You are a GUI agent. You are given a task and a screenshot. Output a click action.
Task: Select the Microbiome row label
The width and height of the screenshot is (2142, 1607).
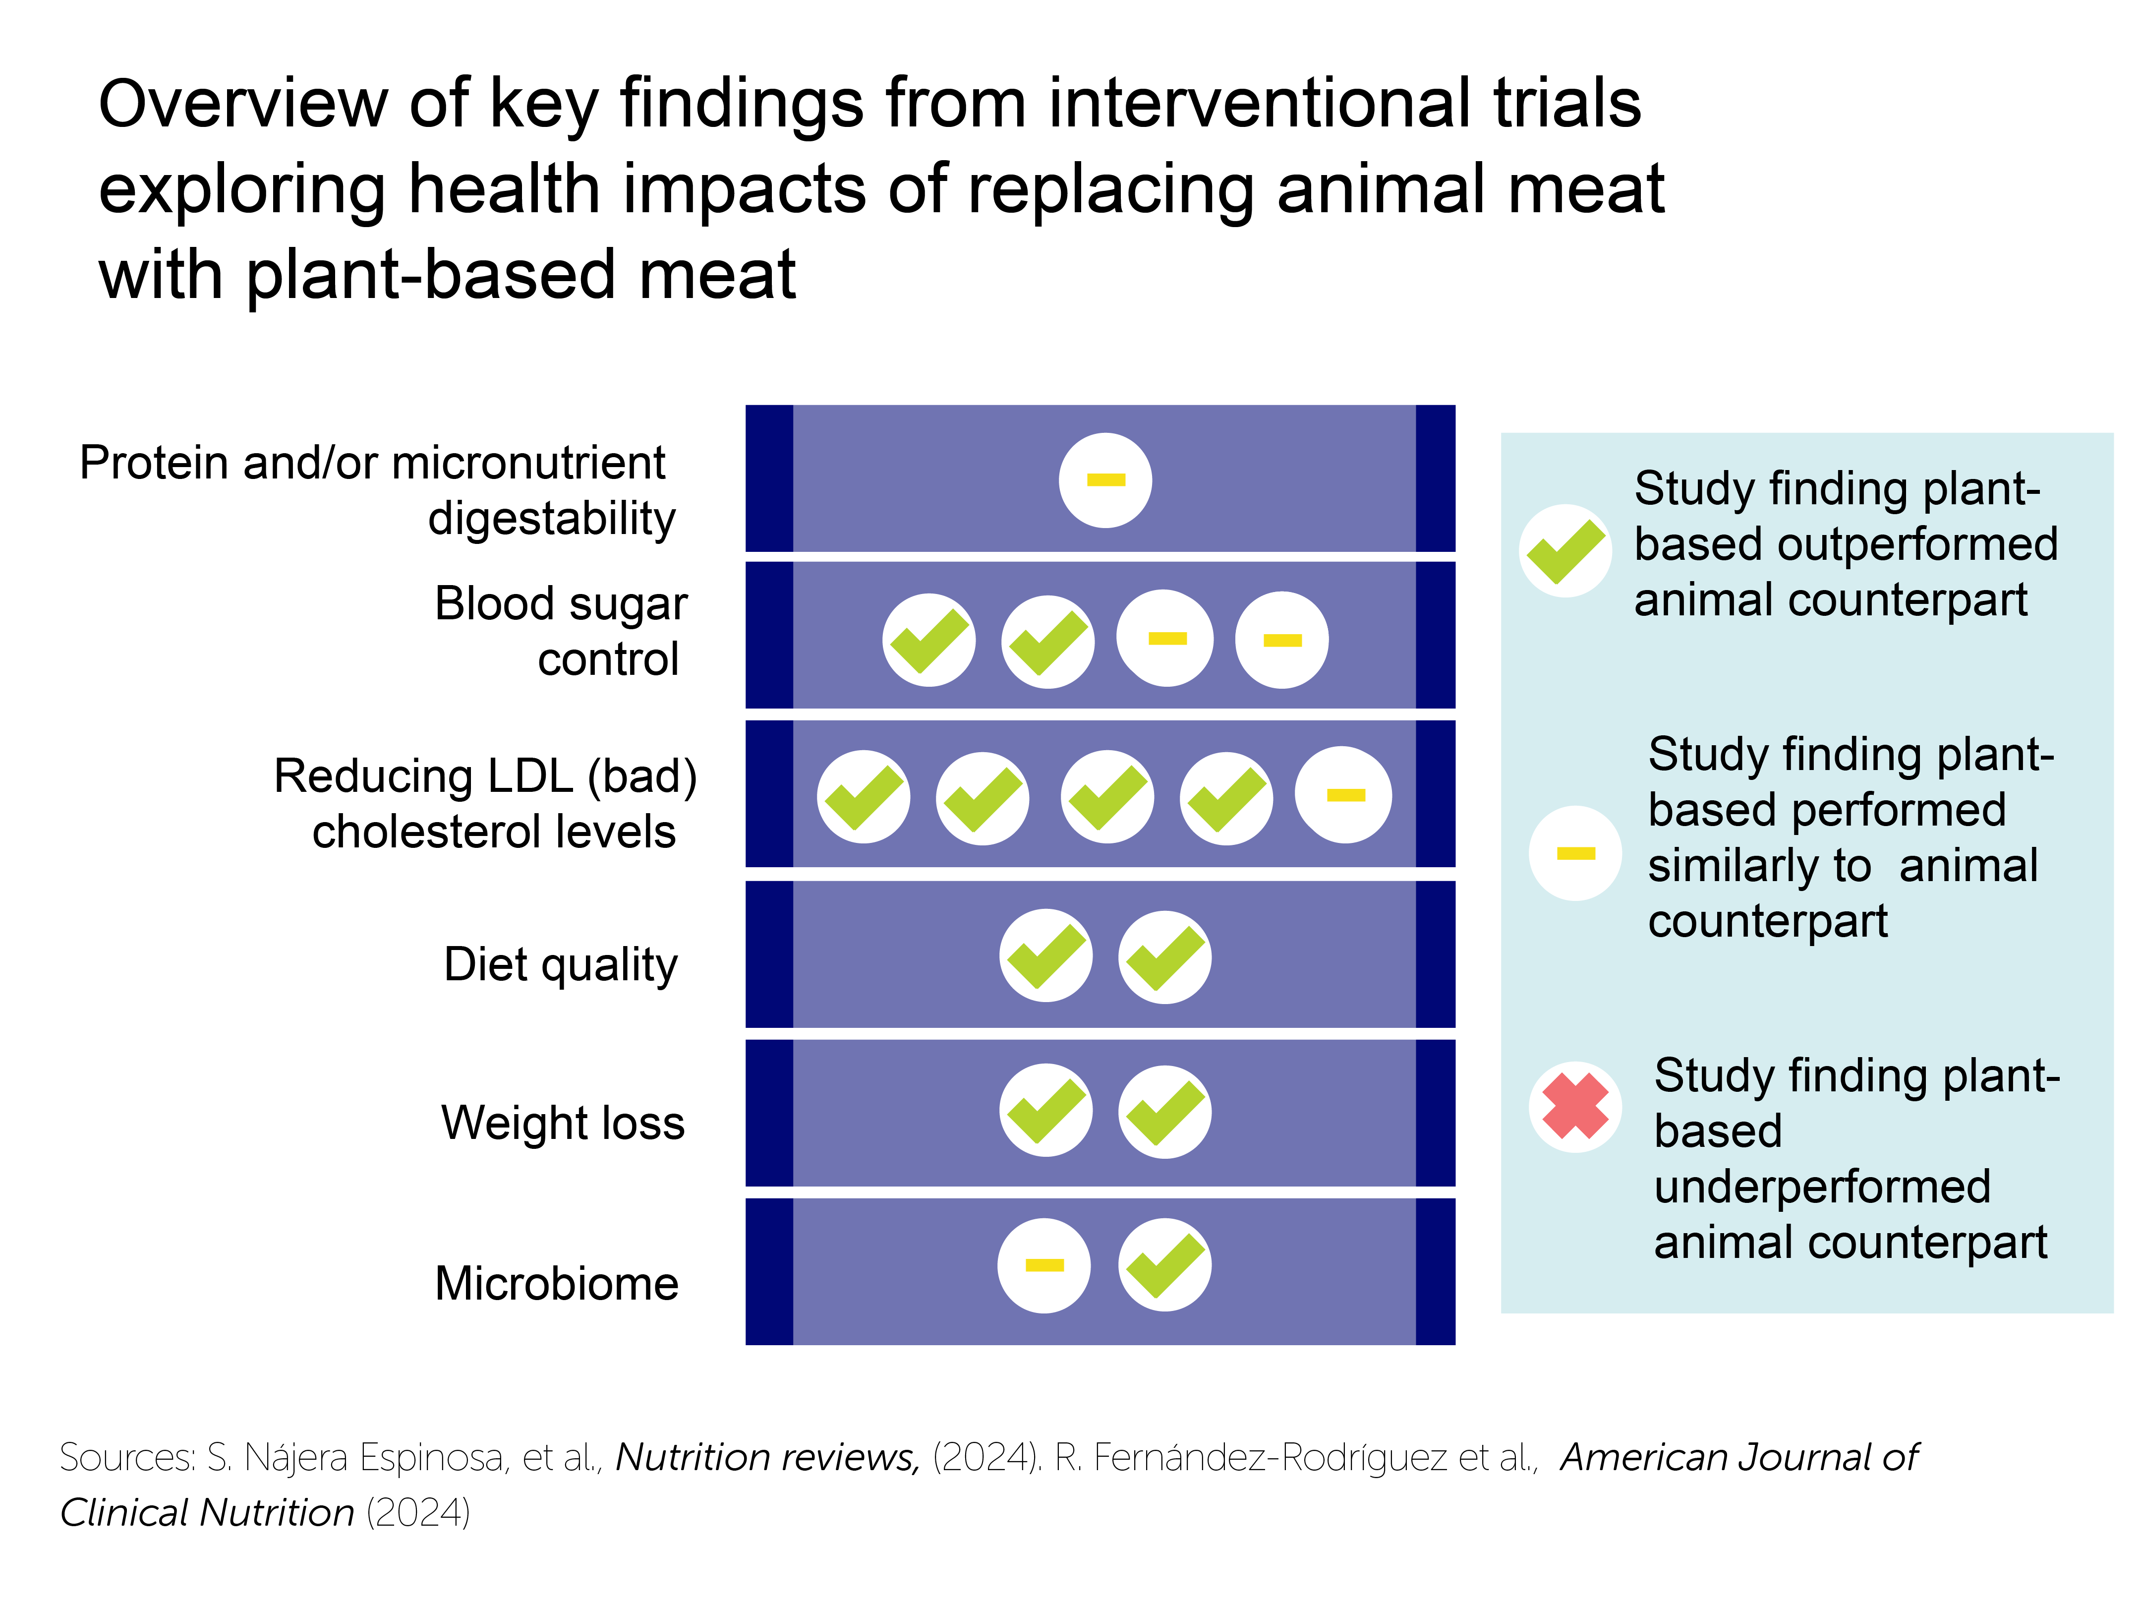(557, 1284)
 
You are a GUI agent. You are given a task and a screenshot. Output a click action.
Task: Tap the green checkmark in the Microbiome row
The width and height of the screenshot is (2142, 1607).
(1165, 1265)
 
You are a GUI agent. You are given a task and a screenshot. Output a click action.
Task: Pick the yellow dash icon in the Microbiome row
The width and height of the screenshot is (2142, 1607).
(1044, 1265)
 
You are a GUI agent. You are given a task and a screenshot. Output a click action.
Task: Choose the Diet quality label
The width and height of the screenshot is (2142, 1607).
(561, 965)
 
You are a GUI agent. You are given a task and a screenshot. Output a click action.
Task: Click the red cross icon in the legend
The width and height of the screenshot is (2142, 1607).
(1574, 1106)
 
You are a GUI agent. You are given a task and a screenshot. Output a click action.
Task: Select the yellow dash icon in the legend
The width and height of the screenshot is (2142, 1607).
(1574, 853)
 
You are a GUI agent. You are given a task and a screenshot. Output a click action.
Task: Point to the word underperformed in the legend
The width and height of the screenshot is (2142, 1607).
(1821, 1187)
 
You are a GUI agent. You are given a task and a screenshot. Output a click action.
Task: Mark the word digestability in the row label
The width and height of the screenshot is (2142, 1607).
(551, 518)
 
